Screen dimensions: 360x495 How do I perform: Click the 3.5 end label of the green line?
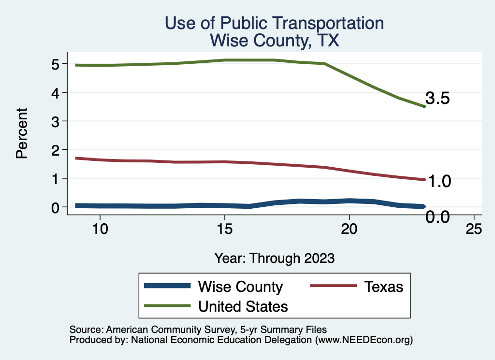pyautogui.click(x=437, y=99)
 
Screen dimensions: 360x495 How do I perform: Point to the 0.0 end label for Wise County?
pyautogui.click(x=437, y=217)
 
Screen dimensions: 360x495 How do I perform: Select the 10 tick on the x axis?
pyautogui.click(x=100, y=229)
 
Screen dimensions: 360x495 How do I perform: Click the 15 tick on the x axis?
pyautogui.click(x=224, y=229)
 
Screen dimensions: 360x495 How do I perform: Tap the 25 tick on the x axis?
pyautogui.click(x=474, y=229)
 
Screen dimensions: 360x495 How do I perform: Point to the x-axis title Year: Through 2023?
pyautogui.click(x=274, y=258)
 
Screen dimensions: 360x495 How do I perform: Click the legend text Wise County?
pyautogui.click(x=240, y=287)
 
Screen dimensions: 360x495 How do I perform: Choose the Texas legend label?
pyautogui.click(x=384, y=287)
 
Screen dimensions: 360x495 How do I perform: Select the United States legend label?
pyautogui.click(x=243, y=306)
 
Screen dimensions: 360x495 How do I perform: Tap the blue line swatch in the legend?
pyautogui.click(x=167, y=286)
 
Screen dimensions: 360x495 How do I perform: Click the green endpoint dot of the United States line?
pyautogui.click(x=424, y=106)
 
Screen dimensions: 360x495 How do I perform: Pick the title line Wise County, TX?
pyautogui.click(x=274, y=41)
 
